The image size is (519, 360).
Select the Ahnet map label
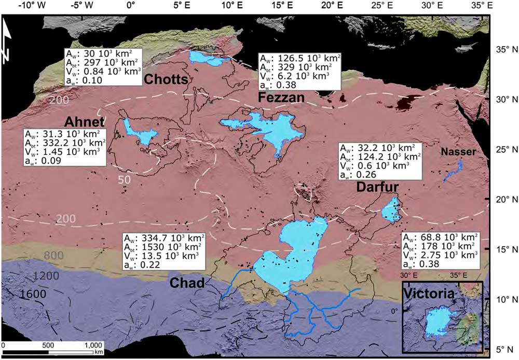pos(85,122)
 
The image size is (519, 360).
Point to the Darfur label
pos(377,189)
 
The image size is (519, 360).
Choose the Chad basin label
pos(185,282)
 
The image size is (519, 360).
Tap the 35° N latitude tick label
pos(502,50)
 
